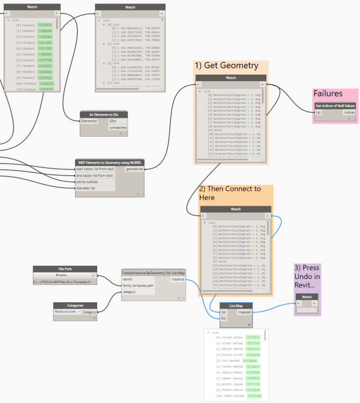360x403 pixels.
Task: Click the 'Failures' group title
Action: [x=328, y=94]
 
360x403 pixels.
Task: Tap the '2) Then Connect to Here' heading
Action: [x=230, y=193]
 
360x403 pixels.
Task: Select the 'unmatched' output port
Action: [x=118, y=127]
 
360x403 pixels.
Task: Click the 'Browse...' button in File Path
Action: [x=65, y=275]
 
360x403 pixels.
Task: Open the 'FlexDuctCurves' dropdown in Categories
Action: [x=68, y=312]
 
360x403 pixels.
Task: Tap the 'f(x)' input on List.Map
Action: [x=224, y=318]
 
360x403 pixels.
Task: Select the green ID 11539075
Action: [x=45, y=25]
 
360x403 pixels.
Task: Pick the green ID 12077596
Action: [x=45, y=60]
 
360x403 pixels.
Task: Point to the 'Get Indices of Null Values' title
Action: [x=335, y=105]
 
